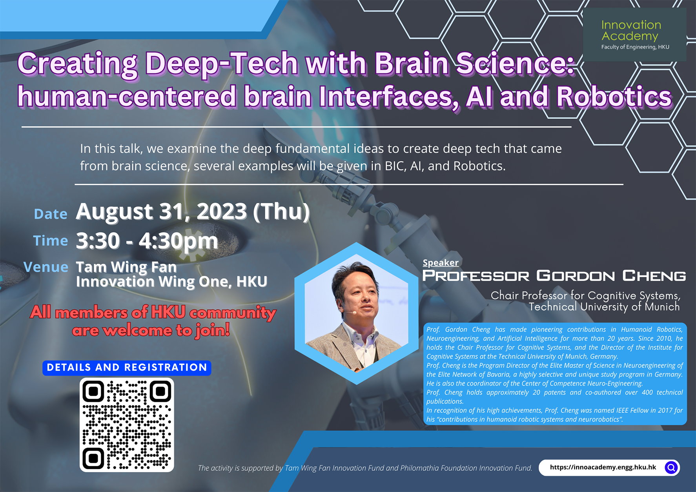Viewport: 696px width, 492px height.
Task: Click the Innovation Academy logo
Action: [x=634, y=35]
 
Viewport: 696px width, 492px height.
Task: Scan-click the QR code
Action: [x=127, y=425]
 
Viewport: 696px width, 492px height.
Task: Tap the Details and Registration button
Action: [x=127, y=368]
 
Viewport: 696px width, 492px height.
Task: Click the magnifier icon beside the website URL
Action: [x=671, y=467]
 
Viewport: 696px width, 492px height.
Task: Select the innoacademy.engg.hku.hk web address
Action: [x=603, y=467]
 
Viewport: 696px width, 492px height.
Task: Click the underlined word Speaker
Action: [x=440, y=262]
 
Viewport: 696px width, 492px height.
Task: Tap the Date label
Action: [x=51, y=214]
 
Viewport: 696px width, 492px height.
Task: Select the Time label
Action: [x=51, y=241]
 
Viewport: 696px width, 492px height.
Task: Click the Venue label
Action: [x=46, y=267]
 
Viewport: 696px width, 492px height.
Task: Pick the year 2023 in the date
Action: [x=221, y=212]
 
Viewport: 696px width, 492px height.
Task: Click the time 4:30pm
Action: [x=178, y=241]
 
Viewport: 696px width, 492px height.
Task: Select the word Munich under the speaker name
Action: [x=662, y=307]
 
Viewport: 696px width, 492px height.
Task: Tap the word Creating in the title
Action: [x=77, y=64]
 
